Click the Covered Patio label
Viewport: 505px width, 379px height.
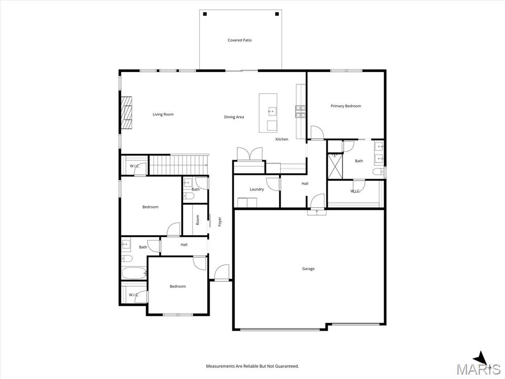coord(240,40)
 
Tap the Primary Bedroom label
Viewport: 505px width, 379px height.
coord(346,106)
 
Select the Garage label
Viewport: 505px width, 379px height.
coord(308,269)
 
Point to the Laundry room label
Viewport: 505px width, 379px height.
coord(256,189)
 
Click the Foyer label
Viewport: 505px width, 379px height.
coord(220,222)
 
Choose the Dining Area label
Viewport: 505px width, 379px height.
coord(234,117)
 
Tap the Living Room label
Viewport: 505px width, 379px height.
coord(163,114)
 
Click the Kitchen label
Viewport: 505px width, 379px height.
coord(282,139)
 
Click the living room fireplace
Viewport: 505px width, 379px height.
coord(126,113)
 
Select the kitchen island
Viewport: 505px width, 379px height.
coord(268,113)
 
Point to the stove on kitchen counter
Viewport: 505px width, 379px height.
coord(300,112)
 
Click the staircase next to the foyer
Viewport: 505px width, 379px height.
coord(178,165)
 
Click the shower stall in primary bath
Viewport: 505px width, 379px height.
coord(335,165)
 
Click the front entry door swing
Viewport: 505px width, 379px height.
coord(221,272)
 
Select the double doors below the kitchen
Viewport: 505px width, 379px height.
coord(250,154)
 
